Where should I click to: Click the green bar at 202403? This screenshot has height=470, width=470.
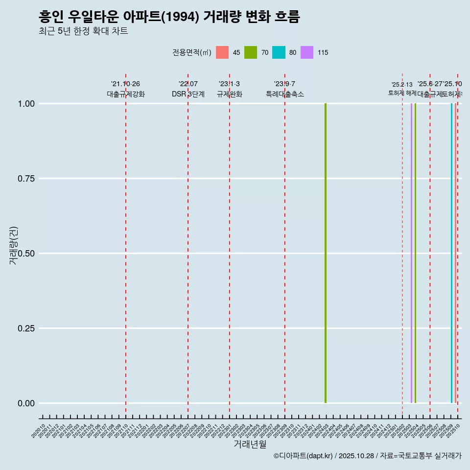point(326,253)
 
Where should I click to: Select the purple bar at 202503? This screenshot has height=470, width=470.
point(411,253)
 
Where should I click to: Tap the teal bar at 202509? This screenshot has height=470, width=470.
point(451,253)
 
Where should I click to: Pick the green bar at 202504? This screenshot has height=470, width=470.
point(415,253)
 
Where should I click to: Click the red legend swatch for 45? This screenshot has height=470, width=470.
point(222,52)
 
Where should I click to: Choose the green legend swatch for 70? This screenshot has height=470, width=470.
point(251,52)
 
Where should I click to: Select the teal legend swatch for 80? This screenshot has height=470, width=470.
point(279,52)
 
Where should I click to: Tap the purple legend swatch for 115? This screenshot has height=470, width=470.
point(307,52)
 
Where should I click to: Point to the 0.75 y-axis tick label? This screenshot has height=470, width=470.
point(25,179)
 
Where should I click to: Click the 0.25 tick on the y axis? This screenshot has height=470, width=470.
point(25,329)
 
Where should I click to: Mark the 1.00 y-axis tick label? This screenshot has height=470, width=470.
point(25,104)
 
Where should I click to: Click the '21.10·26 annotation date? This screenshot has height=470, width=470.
point(125,84)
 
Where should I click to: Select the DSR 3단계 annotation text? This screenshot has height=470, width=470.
point(188,94)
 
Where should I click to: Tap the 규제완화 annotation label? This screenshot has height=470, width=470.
point(229,94)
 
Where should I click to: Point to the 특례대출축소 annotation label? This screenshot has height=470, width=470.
point(285,94)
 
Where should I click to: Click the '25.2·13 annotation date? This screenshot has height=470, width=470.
point(402,85)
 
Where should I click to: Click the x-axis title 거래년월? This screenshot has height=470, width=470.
point(250,444)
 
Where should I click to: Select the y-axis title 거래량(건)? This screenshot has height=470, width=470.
point(13,245)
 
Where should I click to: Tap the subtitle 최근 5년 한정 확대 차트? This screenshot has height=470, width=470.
point(83,31)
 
